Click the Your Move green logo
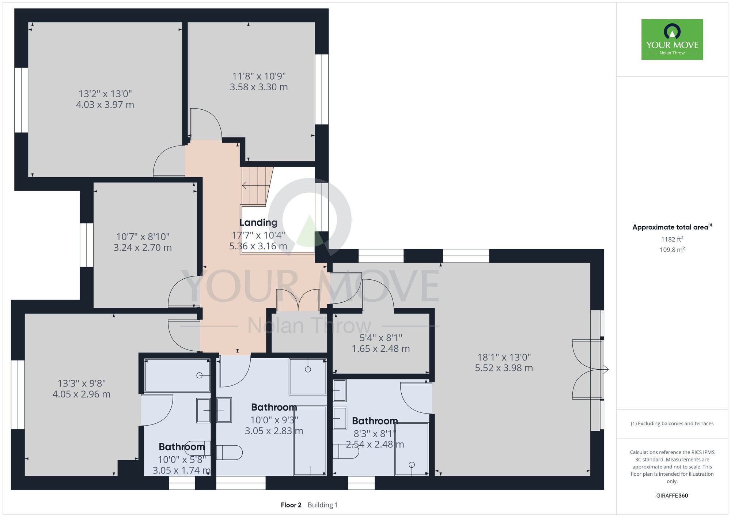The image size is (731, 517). pyautogui.click(x=672, y=39)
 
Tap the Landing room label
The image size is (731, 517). pyautogui.click(x=258, y=222)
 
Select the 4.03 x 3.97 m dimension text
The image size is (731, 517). pyautogui.click(x=105, y=105)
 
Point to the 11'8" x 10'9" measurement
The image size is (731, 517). pyautogui.click(x=259, y=76)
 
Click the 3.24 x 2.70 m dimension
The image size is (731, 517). pyautogui.click(x=143, y=248)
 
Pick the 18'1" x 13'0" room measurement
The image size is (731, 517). pyautogui.click(x=504, y=357)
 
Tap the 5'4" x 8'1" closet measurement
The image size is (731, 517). pyautogui.click(x=381, y=338)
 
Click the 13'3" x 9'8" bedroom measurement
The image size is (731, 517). pyautogui.click(x=82, y=383)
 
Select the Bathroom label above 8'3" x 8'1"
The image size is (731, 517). pyautogui.click(x=375, y=421)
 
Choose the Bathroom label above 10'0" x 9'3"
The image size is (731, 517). pyautogui.click(x=274, y=407)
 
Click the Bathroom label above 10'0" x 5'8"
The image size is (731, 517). pyautogui.click(x=182, y=447)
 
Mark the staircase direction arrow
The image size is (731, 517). pyautogui.click(x=255, y=186)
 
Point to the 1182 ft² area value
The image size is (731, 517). pyautogui.click(x=672, y=239)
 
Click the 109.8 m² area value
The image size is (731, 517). pyautogui.click(x=672, y=250)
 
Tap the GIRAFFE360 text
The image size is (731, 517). pyautogui.click(x=672, y=496)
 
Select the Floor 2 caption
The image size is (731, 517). pyautogui.click(x=291, y=505)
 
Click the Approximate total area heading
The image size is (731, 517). pyautogui.click(x=672, y=227)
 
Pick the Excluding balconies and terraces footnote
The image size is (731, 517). pyautogui.click(x=672, y=423)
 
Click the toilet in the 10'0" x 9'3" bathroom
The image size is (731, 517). pyautogui.click(x=229, y=452)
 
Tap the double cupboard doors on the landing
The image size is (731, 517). pyautogui.click(x=298, y=300)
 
